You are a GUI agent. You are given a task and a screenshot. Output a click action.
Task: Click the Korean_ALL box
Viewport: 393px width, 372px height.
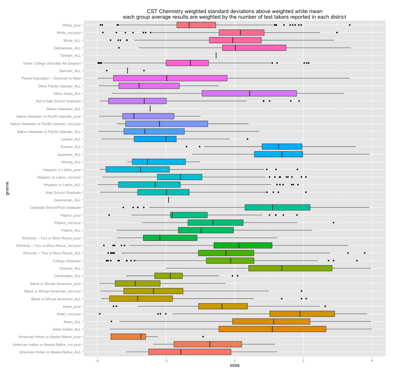[x=282, y=146]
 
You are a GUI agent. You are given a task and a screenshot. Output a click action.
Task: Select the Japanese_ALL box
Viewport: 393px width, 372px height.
[x=278, y=154]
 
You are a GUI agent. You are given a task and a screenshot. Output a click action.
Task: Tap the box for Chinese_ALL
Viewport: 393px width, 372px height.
[x=290, y=268]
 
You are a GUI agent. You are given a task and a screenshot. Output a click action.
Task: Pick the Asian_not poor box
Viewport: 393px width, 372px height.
[x=302, y=314]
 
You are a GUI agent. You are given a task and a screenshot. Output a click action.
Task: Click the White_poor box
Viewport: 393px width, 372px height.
[x=196, y=25]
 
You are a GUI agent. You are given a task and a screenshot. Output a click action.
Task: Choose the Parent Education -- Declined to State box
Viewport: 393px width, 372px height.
[x=170, y=78]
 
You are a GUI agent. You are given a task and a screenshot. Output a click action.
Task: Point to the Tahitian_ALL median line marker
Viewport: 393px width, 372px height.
[x=216, y=55]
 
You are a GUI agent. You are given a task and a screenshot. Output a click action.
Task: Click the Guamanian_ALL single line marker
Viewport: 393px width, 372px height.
[x=168, y=200]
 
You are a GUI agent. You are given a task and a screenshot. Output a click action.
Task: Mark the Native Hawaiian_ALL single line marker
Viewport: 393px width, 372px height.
[x=150, y=109]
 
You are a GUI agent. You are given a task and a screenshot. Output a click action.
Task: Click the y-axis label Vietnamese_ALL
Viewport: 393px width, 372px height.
[x=67, y=48]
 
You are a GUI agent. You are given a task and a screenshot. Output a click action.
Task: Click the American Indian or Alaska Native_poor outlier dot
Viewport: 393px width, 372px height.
[x=203, y=337]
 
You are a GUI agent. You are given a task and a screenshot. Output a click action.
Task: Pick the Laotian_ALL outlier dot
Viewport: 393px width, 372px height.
[x=247, y=139]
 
